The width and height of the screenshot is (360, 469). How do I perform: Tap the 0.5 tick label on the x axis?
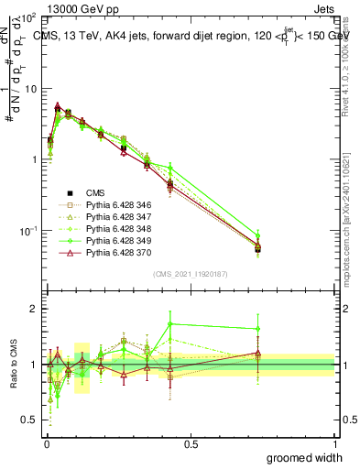pyautogui.click(x=191, y=442)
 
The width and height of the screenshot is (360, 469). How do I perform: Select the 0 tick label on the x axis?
pyautogui.click(x=47, y=442)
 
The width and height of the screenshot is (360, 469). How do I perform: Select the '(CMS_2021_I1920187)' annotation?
pyautogui.click(x=191, y=272)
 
